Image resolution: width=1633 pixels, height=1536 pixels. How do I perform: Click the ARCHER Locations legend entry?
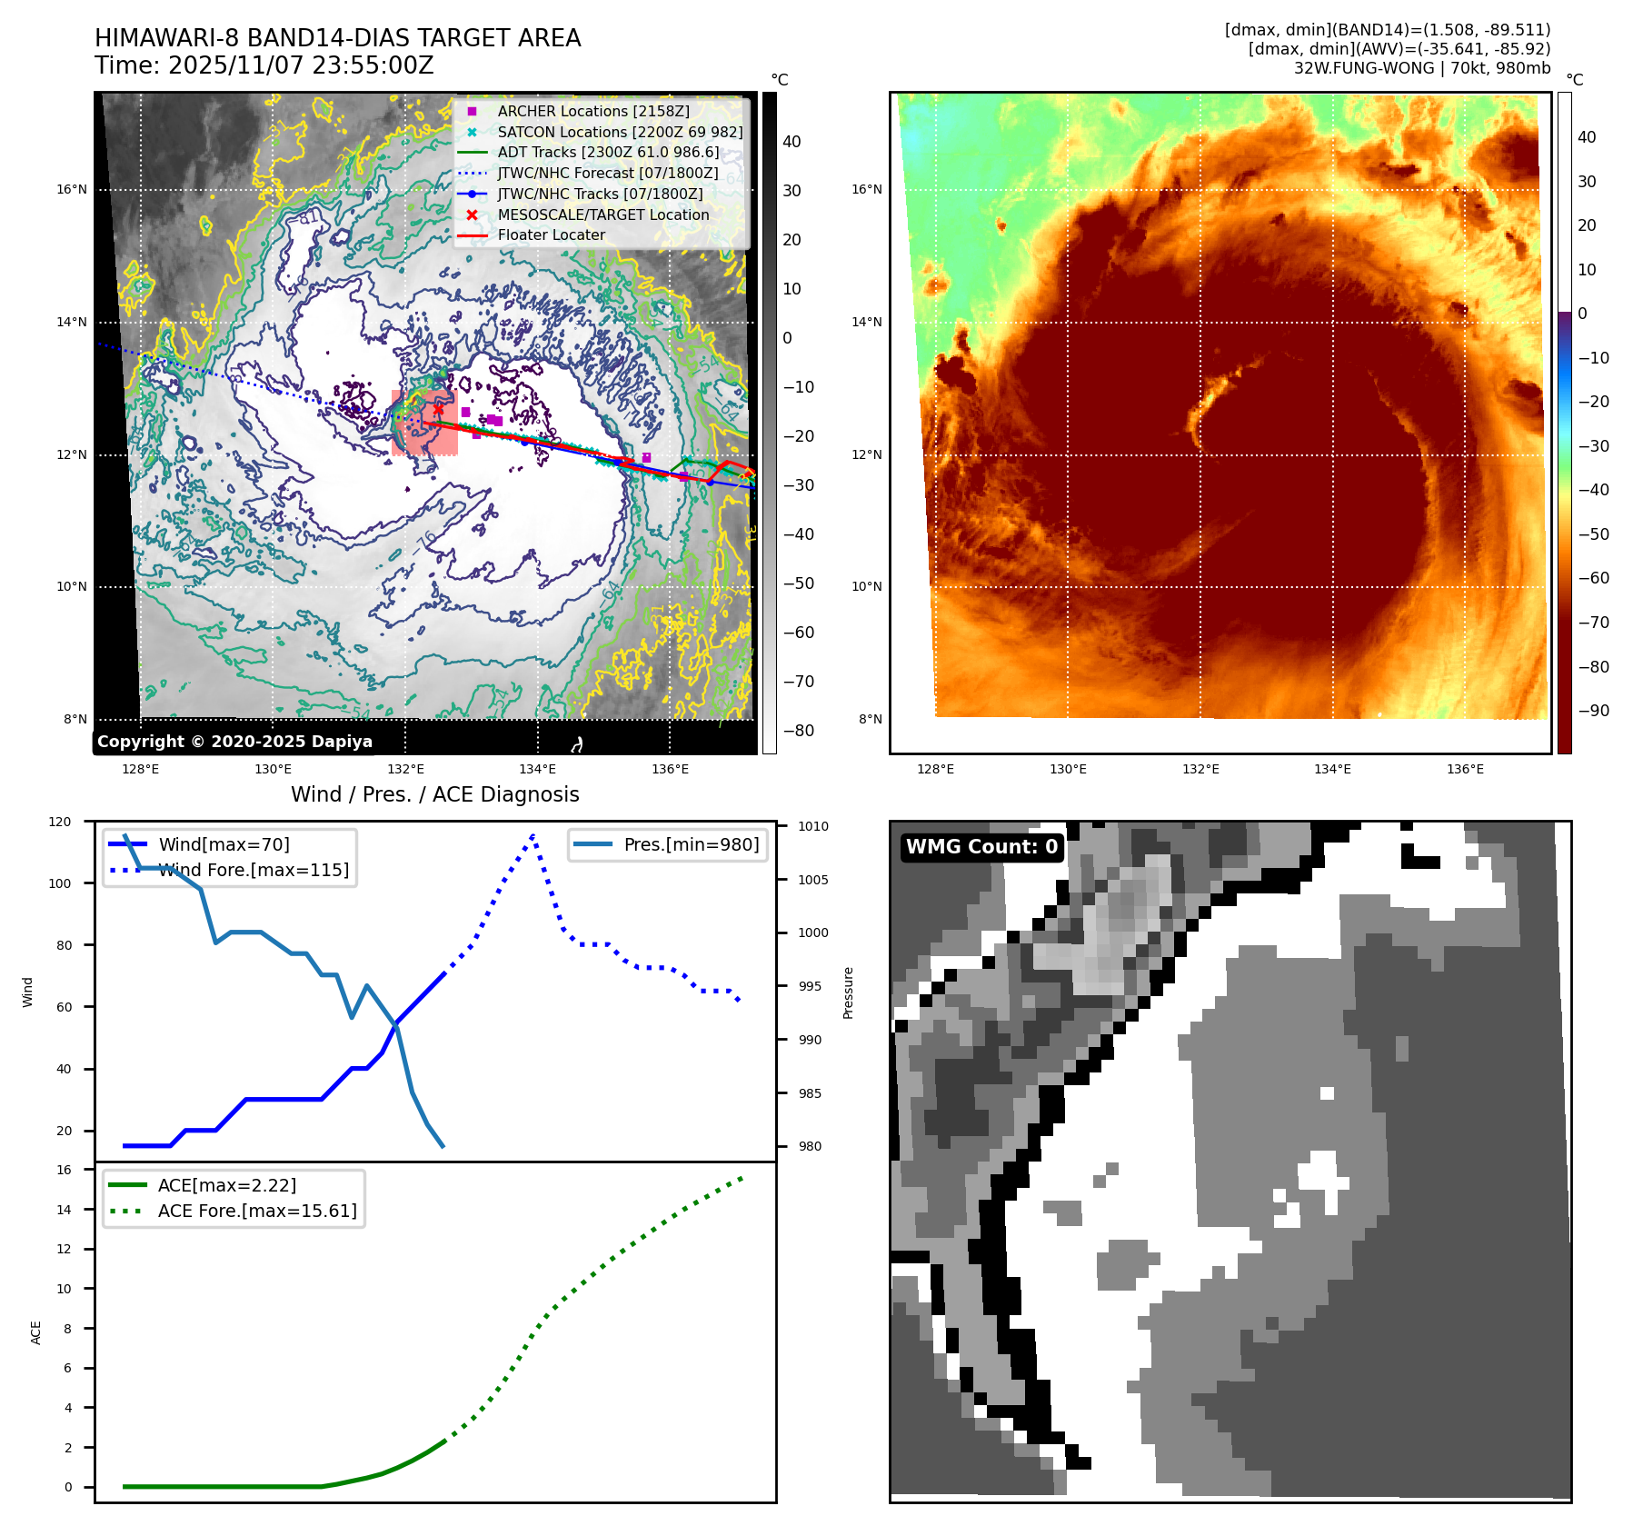click(x=592, y=111)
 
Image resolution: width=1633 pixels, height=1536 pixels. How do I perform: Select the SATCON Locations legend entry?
click(x=619, y=132)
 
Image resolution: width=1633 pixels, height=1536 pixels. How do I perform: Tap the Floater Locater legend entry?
click(x=551, y=234)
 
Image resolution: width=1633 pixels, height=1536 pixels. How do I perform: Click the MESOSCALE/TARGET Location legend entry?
click(x=602, y=214)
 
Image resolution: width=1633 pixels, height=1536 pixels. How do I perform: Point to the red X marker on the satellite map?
click(x=438, y=409)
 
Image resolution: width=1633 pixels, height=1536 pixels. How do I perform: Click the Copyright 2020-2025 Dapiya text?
click(x=234, y=742)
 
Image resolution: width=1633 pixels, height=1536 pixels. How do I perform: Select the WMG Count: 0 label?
click(x=981, y=847)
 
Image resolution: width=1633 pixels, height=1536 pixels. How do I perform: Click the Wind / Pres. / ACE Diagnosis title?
click(x=434, y=794)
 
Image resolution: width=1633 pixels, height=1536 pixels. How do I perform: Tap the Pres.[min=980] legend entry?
click(x=691, y=844)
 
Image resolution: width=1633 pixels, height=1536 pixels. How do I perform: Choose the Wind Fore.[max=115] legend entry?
click(x=253, y=870)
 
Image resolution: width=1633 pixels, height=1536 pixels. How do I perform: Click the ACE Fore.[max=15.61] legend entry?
click(x=256, y=1211)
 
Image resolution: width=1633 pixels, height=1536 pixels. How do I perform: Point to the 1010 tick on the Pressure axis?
click(x=813, y=826)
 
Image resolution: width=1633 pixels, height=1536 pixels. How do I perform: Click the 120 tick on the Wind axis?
click(x=60, y=822)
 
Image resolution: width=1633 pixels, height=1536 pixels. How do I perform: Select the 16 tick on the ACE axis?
click(x=65, y=1170)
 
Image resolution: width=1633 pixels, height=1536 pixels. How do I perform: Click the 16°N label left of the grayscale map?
click(x=72, y=190)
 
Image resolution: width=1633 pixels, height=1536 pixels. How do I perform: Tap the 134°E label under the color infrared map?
click(x=1332, y=769)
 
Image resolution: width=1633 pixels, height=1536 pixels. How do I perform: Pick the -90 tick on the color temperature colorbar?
click(x=1593, y=711)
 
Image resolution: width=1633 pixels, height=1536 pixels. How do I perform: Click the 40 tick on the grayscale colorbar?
click(x=792, y=142)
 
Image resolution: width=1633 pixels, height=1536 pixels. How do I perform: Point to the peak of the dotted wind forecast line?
click(x=533, y=833)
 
